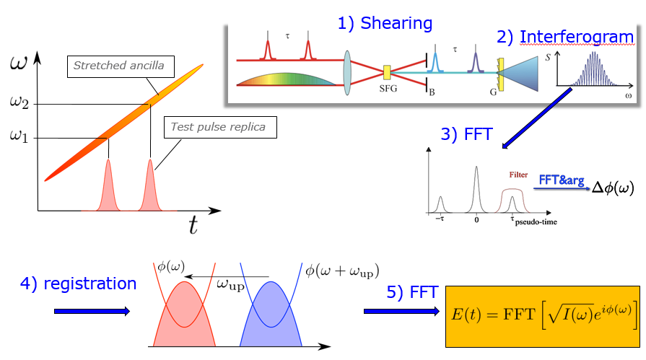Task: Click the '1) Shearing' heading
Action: point(385,23)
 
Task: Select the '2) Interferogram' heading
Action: point(565,36)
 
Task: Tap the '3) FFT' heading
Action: point(466,133)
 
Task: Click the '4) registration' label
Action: point(78,284)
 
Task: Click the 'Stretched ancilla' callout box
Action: point(118,66)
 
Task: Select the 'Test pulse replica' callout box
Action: point(218,128)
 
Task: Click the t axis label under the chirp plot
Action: point(193,227)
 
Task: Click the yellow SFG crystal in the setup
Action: point(388,72)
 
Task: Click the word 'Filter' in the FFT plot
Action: point(517,175)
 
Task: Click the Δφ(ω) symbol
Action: point(612,187)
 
